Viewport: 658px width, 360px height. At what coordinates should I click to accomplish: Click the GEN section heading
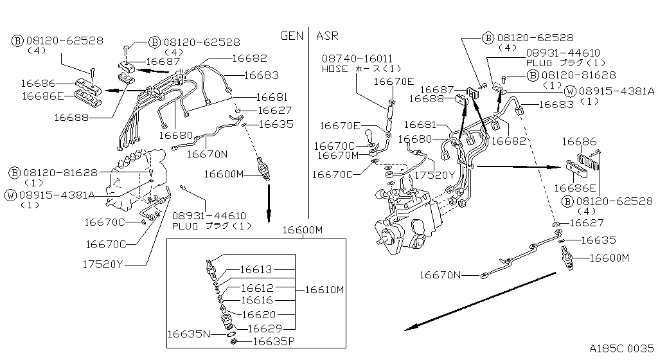coord(292,36)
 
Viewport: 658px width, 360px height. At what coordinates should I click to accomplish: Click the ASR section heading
coord(327,36)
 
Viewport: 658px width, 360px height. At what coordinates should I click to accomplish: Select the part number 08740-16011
coord(357,58)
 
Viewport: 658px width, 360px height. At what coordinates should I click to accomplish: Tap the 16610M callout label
coord(324,290)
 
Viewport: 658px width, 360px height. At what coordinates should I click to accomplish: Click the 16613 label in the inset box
coord(256,270)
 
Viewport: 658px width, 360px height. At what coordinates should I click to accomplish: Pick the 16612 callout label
coord(256,288)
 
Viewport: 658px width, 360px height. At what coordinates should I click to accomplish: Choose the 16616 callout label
coord(256,300)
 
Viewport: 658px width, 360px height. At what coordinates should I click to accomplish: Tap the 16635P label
coord(269,341)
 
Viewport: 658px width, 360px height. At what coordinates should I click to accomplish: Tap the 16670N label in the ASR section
coord(441,275)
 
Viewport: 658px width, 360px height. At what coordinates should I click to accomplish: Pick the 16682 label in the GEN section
coord(249,58)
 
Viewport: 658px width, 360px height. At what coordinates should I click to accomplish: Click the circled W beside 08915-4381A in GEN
coord(11,195)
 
